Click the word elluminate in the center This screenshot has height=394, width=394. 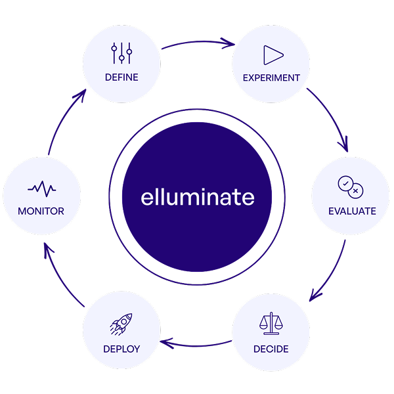(197, 197)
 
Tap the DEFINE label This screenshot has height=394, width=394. (121, 77)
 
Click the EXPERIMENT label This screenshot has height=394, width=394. (271, 77)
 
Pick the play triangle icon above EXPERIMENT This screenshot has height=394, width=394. (273, 55)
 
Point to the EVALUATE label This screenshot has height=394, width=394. (352, 211)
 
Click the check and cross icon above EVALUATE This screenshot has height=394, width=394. (350, 186)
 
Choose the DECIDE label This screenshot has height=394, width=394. (271, 349)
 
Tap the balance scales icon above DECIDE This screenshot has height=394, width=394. (271, 323)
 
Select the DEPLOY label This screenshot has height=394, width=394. (121, 349)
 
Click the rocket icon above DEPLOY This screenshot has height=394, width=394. (121, 324)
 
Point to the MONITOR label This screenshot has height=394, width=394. (41, 211)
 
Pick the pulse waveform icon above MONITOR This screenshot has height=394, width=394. (41, 189)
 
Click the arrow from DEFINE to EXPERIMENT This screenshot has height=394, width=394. (197, 42)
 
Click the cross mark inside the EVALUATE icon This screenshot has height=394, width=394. (355, 190)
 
